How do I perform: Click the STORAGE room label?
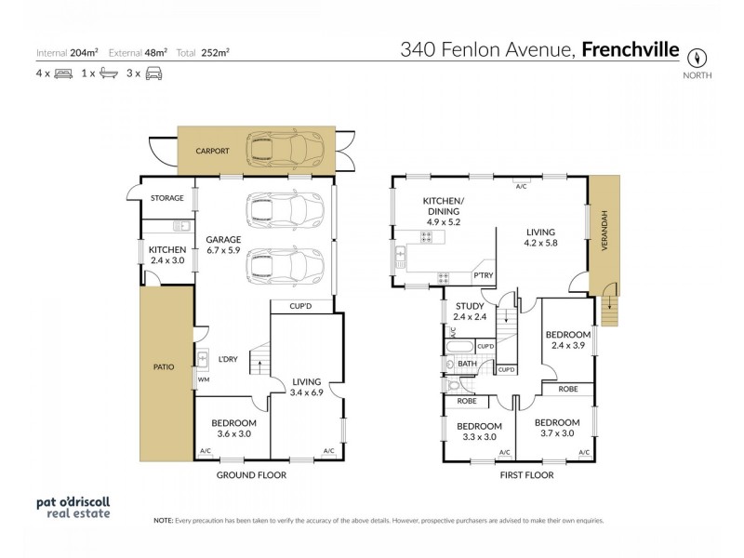(x=167, y=198)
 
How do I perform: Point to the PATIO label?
(x=164, y=366)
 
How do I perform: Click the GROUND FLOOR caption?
(x=250, y=474)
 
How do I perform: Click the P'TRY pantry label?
(x=484, y=276)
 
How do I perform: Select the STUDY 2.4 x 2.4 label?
(x=470, y=312)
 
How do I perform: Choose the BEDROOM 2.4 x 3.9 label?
(x=567, y=339)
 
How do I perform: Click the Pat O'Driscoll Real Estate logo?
(x=73, y=506)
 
